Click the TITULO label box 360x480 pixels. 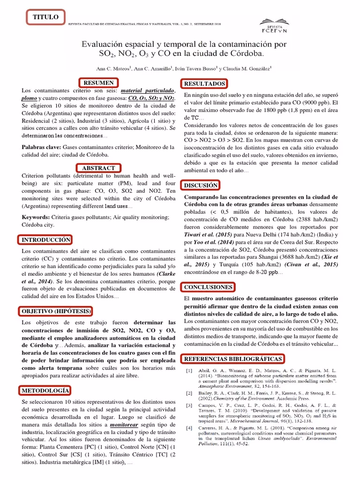pos(45,17)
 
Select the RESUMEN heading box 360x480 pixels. pos(98,83)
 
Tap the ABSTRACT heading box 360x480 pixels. pos(98,168)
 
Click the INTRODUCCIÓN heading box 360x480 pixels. pos(46,240)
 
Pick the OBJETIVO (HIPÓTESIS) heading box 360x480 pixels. pos(56,311)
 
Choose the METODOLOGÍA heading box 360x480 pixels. pos(45,390)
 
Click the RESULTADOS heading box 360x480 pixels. pos(204,83)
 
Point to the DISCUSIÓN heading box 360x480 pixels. pos(201,186)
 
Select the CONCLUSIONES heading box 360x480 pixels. pos(208,286)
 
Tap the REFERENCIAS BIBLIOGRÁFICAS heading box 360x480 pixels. pos(233,359)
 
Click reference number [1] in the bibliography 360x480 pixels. pos(189,371)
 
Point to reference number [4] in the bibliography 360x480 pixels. pos(189,428)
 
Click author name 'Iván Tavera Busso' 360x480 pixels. pos(196,68)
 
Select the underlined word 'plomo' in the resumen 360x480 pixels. pos(29,98)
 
